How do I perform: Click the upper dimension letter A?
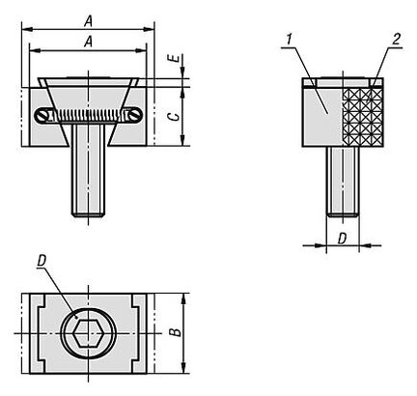88,22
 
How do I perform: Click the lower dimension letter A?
88,42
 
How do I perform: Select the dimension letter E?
175,59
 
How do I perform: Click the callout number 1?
289,40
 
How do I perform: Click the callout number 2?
396,40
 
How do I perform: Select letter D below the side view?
343,239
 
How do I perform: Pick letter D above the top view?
42,261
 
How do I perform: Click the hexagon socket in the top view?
86,333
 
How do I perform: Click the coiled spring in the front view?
88,115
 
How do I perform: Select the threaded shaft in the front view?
88,170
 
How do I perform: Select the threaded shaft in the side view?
343,182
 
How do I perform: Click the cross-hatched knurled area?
362,116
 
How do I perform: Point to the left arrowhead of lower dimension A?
35,50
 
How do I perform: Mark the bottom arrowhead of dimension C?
182,141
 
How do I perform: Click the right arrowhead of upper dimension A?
149,30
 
